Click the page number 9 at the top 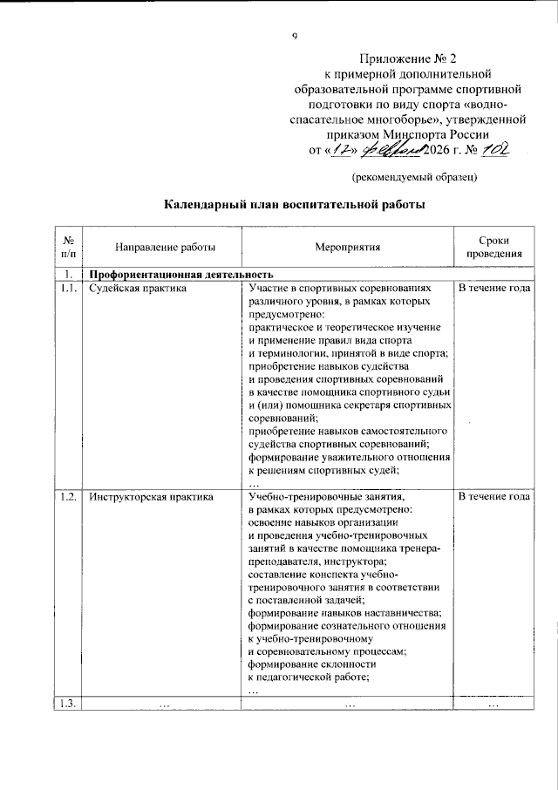(295, 36)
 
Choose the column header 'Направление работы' (153, 248)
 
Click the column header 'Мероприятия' (348, 248)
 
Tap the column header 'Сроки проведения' (493, 248)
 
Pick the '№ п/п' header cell (68, 248)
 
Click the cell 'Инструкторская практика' (152, 497)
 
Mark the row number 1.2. (68, 497)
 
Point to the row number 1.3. (68, 704)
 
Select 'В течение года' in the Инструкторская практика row (493, 497)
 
